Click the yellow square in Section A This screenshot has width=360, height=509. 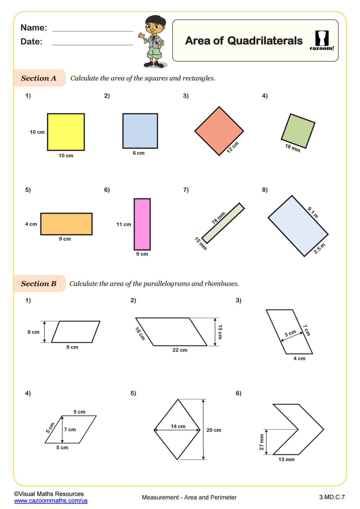66,132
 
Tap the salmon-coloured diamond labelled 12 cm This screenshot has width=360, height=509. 219,131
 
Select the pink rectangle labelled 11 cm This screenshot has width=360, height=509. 142,224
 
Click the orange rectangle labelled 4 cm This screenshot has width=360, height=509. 66,224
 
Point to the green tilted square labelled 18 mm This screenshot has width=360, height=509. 298,131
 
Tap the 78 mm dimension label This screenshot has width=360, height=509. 218,218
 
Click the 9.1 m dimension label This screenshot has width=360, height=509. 313,212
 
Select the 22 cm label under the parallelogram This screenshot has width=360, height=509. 180,350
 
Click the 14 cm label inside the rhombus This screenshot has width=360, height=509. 178,426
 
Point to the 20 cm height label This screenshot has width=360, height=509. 214,430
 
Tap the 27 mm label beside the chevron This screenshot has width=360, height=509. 262,442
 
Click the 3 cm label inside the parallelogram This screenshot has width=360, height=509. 290,333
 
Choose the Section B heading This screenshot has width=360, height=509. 39,284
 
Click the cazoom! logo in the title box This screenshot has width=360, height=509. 322,41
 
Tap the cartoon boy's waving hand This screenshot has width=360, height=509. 142,36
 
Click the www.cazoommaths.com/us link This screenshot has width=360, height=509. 51,501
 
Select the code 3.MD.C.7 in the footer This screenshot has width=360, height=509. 332,497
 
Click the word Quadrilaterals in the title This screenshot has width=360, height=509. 265,41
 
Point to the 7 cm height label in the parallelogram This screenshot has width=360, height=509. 70,429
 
